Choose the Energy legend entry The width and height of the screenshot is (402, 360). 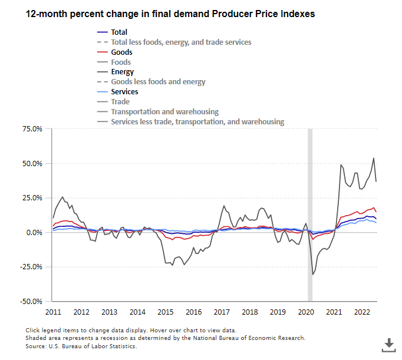click(x=122, y=72)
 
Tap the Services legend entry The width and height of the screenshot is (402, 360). click(x=124, y=92)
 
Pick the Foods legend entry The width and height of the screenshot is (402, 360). click(x=121, y=62)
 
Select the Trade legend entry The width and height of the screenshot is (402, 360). click(x=120, y=102)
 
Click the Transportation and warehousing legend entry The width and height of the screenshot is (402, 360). click(x=164, y=112)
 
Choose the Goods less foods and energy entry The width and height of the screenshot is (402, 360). click(x=158, y=82)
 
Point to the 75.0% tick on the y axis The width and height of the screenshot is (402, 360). click(x=32, y=129)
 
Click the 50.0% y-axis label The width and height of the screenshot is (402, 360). click(x=32, y=164)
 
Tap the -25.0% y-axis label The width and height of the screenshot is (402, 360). click(x=31, y=267)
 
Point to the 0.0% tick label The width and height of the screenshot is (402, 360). click(x=34, y=233)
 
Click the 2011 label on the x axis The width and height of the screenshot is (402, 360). click(x=53, y=312)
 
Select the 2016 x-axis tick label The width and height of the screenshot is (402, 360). click(x=193, y=312)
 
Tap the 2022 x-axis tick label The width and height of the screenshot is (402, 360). click(x=361, y=312)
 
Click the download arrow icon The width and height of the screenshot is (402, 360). click(x=389, y=344)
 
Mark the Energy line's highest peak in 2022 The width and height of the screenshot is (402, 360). click(x=374, y=158)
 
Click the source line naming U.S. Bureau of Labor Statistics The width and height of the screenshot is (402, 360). click(x=81, y=346)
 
